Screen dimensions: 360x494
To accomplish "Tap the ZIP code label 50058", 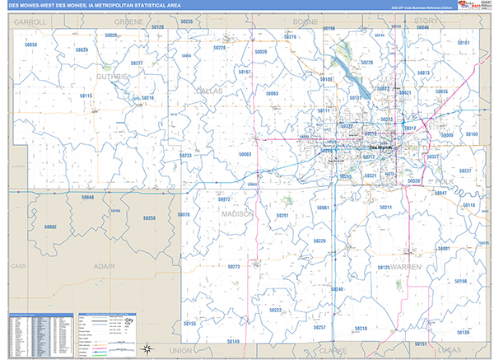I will tap(30, 44).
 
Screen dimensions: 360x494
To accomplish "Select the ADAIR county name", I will tap(104, 267).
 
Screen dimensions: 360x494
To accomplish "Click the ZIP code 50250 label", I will tap(149, 218).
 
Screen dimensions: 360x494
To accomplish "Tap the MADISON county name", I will tap(237, 213).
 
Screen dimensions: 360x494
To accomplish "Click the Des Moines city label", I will tap(380, 148).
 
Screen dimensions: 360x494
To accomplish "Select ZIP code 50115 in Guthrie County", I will tap(86, 96).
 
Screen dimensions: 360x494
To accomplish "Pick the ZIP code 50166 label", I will tap(459, 282).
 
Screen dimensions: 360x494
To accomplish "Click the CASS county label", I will tap(19, 267).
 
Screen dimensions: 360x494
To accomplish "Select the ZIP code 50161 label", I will tap(463, 43).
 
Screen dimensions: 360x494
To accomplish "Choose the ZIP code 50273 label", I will tap(234, 267).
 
